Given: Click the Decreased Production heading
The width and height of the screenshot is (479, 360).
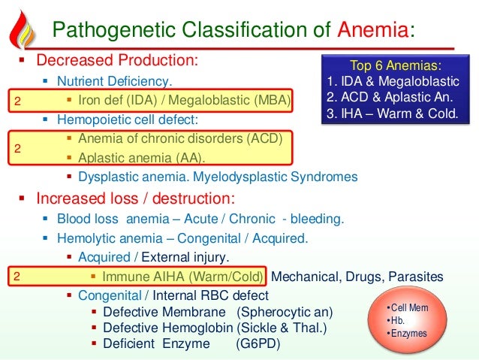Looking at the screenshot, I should [118, 59].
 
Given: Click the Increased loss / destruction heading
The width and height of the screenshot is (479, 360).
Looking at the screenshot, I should [136, 199].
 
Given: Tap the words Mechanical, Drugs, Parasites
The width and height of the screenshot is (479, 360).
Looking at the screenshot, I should [357, 277].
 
